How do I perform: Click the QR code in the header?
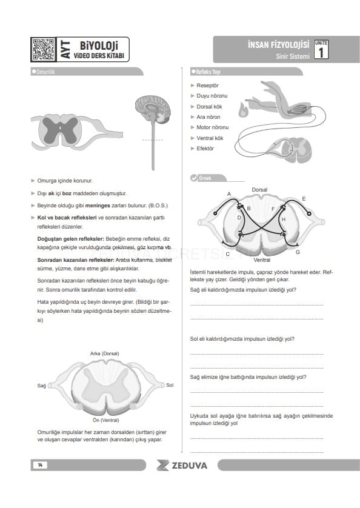tap(43, 50)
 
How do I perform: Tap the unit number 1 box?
tap(321, 50)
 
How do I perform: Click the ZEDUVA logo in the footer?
tap(182, 466)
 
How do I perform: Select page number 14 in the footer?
tap(40, 465)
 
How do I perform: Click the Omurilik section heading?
tap(45, 72)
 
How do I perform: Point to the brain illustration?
tap(153, 110)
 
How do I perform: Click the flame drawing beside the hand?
tap(243, 109)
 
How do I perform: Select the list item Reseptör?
tap(207, 85)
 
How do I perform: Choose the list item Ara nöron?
tap(208, 117)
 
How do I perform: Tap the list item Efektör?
tap(205, 149)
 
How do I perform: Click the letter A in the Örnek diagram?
tap(228, 194)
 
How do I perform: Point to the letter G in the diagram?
tap(298, 252)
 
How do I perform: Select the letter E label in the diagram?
tap(304, 199)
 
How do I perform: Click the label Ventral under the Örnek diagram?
tap(262, 260)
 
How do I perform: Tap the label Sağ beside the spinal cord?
tap(41, 386)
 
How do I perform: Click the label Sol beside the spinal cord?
tap(170, 385)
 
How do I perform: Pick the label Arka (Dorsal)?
tap(105, 353)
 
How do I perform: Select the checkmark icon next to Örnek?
tap(194, 178)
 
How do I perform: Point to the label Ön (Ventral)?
tap(105, 420)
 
